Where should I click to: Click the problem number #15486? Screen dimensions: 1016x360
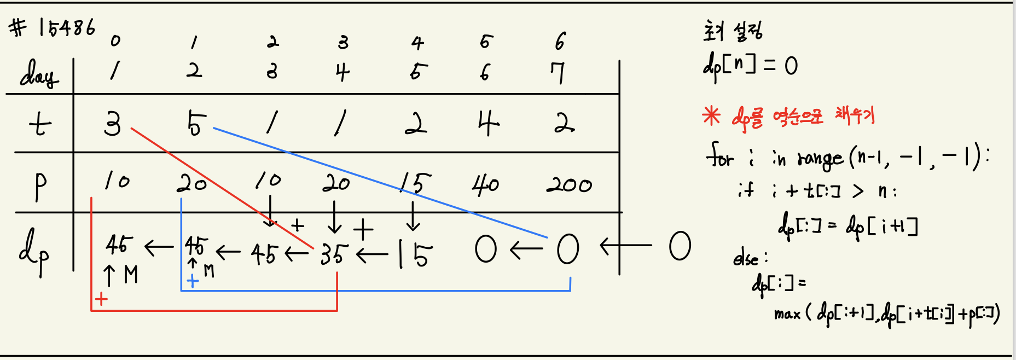[53, 27]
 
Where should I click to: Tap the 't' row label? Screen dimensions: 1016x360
[40, 125]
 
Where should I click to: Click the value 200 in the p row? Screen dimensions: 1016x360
[569, 185]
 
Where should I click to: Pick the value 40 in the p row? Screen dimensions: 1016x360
[485, 185]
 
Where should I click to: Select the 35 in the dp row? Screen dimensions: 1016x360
[334, 254]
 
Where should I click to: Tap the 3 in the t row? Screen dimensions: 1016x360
[112, 124]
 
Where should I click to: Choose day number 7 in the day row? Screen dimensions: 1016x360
[558, 73]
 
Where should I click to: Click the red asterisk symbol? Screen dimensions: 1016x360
[711, 115]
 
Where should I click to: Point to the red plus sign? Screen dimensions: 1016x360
[101, 299]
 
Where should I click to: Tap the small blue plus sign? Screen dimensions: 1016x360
[193, 281]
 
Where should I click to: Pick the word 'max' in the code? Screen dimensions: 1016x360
[787, 314]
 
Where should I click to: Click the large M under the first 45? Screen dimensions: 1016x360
[131, 275]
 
